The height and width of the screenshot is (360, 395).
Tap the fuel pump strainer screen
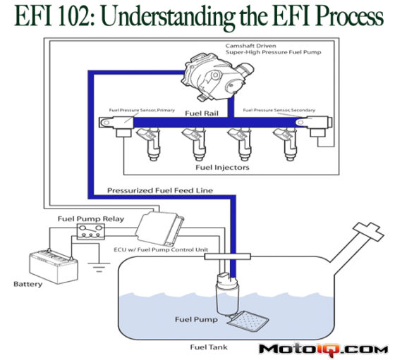point(250,322)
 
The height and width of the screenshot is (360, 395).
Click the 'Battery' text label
point(28,285)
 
